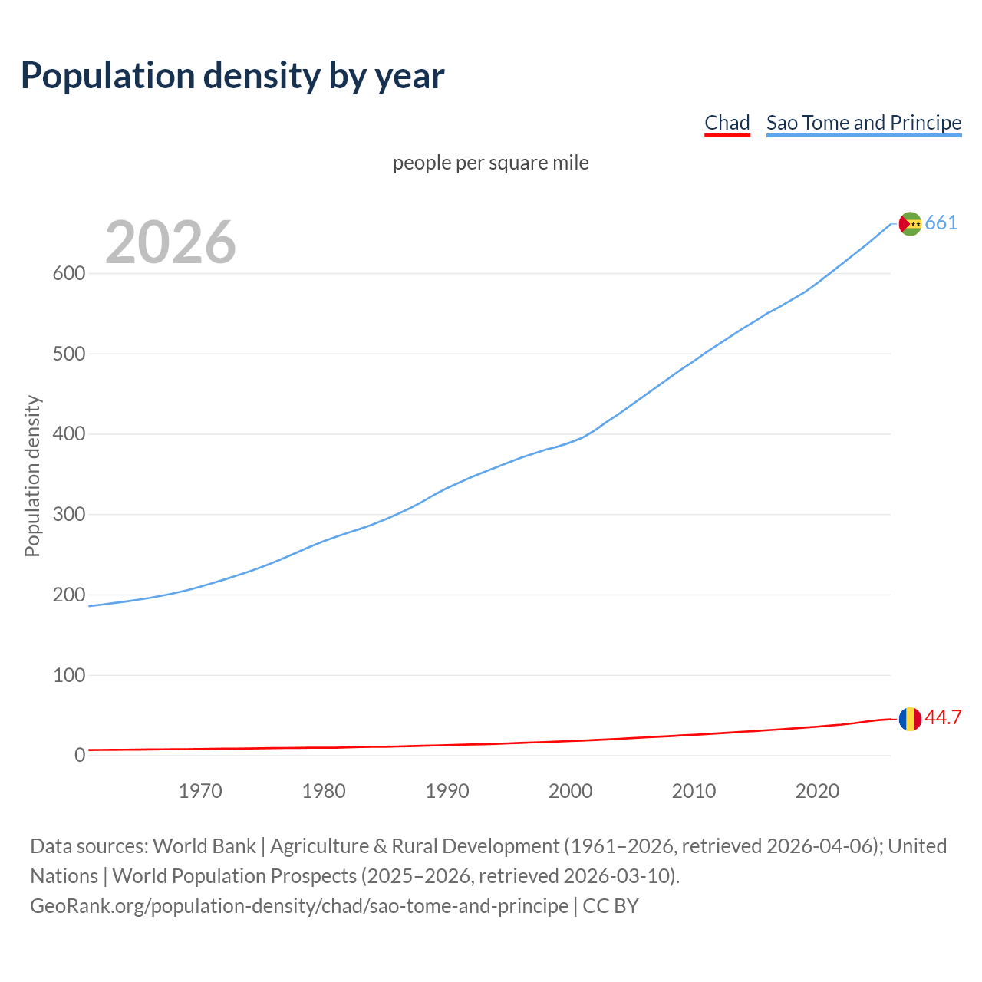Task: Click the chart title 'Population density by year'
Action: click(232, 76)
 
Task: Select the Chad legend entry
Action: click(727, 123)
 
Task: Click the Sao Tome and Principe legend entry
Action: click(863, 123)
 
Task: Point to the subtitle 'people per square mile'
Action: click(490, 163)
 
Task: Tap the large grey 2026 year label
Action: click(170, 242)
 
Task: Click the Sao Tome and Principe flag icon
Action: click(909, 223)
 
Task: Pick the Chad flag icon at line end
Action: click(909, 719)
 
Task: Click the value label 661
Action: click(941, 223)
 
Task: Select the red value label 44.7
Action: click(943, 718)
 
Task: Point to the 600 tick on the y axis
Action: click(68, 274)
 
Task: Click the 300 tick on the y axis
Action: click(68, 515)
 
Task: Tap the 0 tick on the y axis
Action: click(80, 756)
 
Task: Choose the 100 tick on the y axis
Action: click(68, 675)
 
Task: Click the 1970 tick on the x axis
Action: click(200, 791)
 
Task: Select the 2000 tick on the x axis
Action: click(570, 791)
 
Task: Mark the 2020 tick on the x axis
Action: click(817, 791)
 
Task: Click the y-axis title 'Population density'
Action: click(32, 476)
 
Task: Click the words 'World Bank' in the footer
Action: click(204, 846)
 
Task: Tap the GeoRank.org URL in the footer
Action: click(299, 906)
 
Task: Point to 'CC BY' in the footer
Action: click(611, 906)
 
